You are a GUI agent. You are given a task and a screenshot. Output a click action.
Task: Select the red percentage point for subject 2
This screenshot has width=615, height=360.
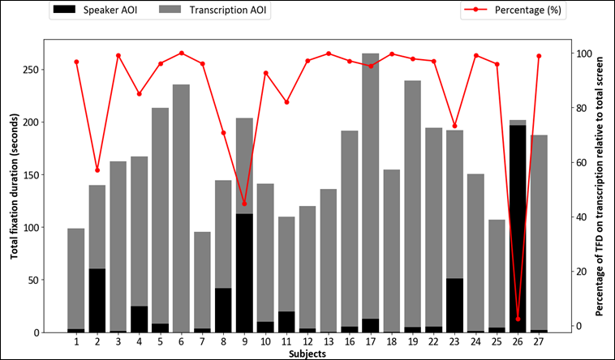tap(97, 170)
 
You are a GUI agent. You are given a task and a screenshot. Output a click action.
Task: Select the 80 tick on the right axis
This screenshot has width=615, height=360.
tap(579, 108)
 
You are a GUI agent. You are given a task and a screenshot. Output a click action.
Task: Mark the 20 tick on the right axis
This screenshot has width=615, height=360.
tap(579, 271)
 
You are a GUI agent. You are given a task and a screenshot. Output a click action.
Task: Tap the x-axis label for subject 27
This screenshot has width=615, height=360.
tap(538, 344)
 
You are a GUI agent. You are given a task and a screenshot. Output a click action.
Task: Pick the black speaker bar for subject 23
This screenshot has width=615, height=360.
tap(454, 306)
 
